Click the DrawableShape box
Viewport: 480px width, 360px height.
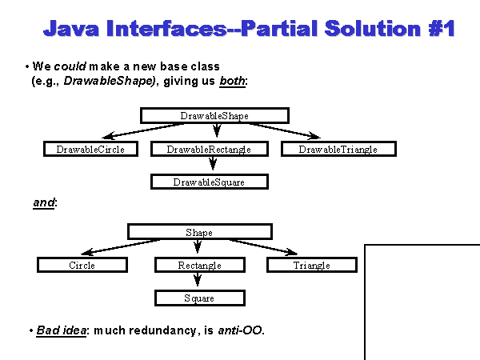pyautogui.click(x=214, y=115)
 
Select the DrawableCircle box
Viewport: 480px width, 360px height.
pyautogui.click(x=90, y=149)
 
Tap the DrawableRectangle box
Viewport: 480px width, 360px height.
pyautogui.click(x=209, y=149)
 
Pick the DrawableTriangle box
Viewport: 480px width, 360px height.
pyautogui.click(x=338, y=149)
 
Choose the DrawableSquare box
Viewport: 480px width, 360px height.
pyautogui.click(x=209, y=182)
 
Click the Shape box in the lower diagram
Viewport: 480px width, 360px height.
pyautogui.click(x=199, y=232)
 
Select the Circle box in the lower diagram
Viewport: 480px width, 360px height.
pyautogui.click(x=82, y=265)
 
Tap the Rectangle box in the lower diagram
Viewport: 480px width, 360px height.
pyautogui.click(x=199, y=265)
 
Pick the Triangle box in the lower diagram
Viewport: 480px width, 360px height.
pyautogui.click(x=311, y=265)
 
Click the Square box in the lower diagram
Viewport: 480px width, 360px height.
pyautogui.click(x=199, y=298)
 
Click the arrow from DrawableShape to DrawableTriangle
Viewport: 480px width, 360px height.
pyautogui.click(x=280, y=130)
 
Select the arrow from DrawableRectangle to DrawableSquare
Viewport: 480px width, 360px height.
pyautogui.click(x=212, y=165)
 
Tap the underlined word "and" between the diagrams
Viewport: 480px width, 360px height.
pyautogui.click(x=44, y=203)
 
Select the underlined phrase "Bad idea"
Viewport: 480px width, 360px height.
pyautogui.click(x=61, y=330)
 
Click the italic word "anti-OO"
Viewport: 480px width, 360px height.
pyautogui.click(x=240, y=330)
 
